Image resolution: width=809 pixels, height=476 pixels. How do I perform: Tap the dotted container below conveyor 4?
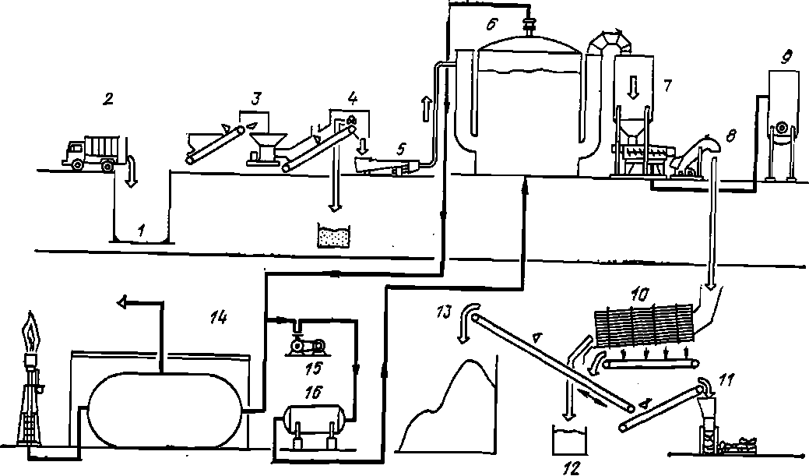click(x=334, y=237)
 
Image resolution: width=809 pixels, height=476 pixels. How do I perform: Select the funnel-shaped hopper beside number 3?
click(x=268, y=148)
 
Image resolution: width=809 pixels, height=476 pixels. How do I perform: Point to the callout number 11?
click(x=725, y=380)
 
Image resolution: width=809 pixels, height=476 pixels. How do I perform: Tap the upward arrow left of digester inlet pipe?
click(x=426, y=108)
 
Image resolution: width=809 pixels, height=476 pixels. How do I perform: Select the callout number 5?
click(x=401, y=150)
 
